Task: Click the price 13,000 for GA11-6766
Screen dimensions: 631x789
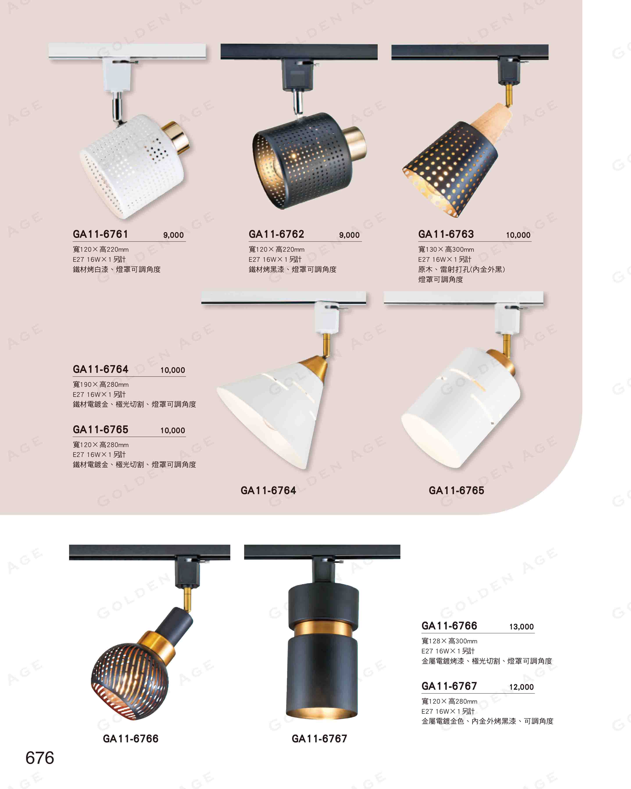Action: [521, 627]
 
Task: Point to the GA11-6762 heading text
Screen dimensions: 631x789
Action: [276, 234]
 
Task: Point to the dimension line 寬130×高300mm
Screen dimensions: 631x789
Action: [446, 250]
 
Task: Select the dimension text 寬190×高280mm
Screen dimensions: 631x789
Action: [101, 385]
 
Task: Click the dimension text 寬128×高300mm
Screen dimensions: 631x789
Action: [449, 641]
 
